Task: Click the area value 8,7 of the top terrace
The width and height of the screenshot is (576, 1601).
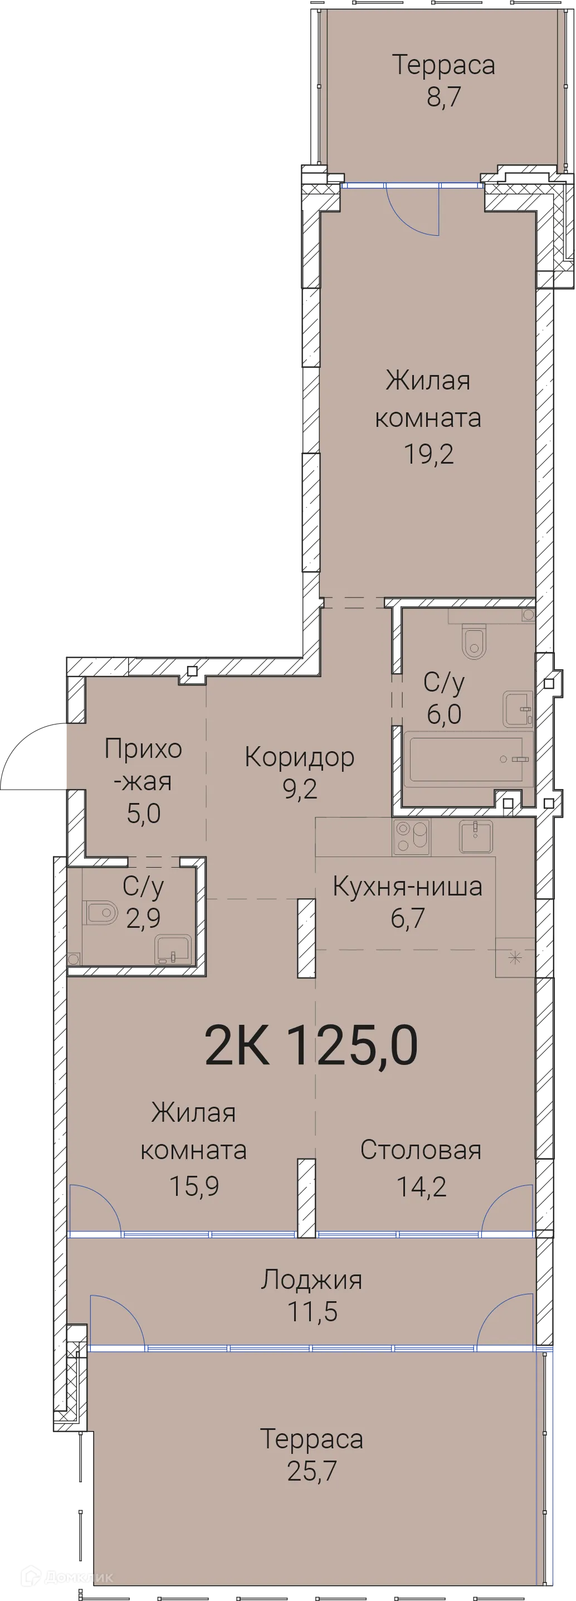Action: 443,98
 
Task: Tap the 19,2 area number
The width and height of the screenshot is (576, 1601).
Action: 429,454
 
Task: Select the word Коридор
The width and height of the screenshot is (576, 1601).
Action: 300,757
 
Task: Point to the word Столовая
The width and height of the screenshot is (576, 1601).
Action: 421,1150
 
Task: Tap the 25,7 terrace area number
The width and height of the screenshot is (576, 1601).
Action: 312,1471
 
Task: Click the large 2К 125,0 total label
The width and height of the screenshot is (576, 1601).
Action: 311,1045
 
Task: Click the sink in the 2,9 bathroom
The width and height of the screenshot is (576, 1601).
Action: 173,949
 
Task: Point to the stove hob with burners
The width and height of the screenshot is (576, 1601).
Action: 411,836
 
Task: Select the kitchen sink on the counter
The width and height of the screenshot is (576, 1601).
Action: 475,836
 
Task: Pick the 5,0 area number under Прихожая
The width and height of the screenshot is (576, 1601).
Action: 144,814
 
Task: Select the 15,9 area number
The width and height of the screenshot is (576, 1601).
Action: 194,1186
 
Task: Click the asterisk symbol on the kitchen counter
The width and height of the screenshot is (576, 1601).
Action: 515,958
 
